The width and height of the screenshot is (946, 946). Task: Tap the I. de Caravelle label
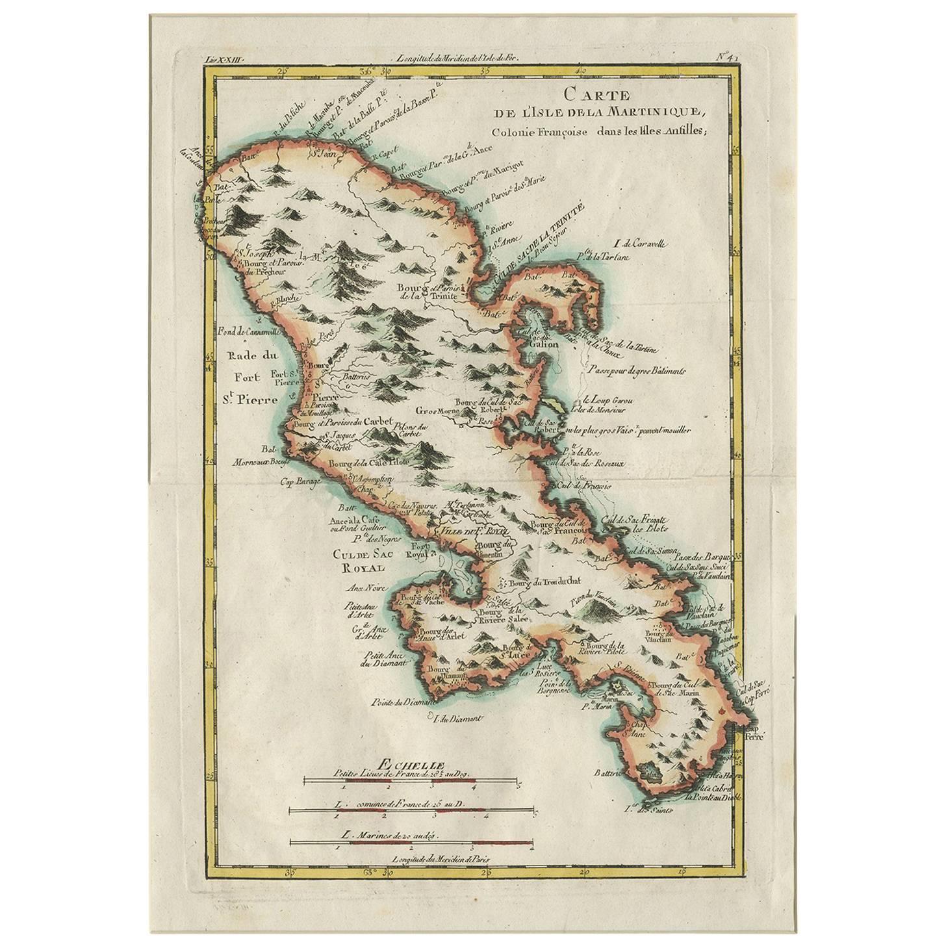641,245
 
